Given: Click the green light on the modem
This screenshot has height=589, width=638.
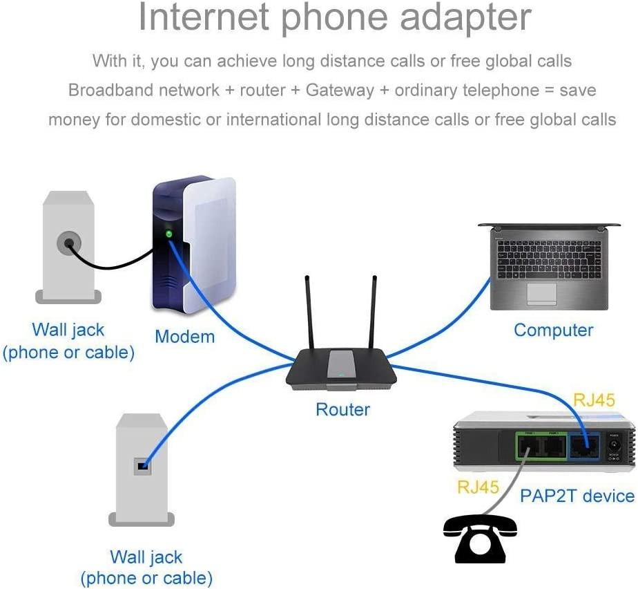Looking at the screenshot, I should (x=168, y=234).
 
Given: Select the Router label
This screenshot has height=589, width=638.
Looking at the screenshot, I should (x=342, y=409).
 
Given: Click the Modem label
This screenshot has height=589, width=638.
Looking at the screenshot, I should (x=184, y=337).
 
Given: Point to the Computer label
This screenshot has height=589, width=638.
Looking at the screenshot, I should (x=553, y=330).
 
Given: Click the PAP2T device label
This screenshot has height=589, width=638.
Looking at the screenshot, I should (x=577, y=495).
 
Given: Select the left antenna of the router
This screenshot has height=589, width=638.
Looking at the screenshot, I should (x=310, y=311).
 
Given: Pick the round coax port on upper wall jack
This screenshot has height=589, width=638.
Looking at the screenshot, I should (x=68, y=243).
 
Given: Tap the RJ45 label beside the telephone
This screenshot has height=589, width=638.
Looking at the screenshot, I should (x=478, y=487).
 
